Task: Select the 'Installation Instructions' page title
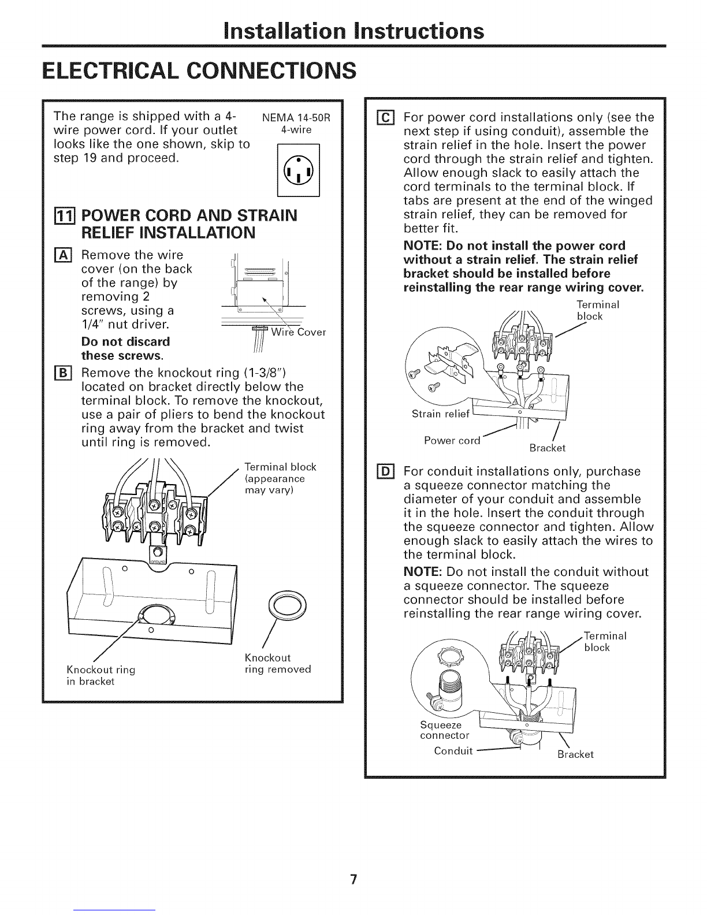coord(354,29)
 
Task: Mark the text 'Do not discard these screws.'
coord(125,347)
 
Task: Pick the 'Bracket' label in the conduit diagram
coord(575,754)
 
